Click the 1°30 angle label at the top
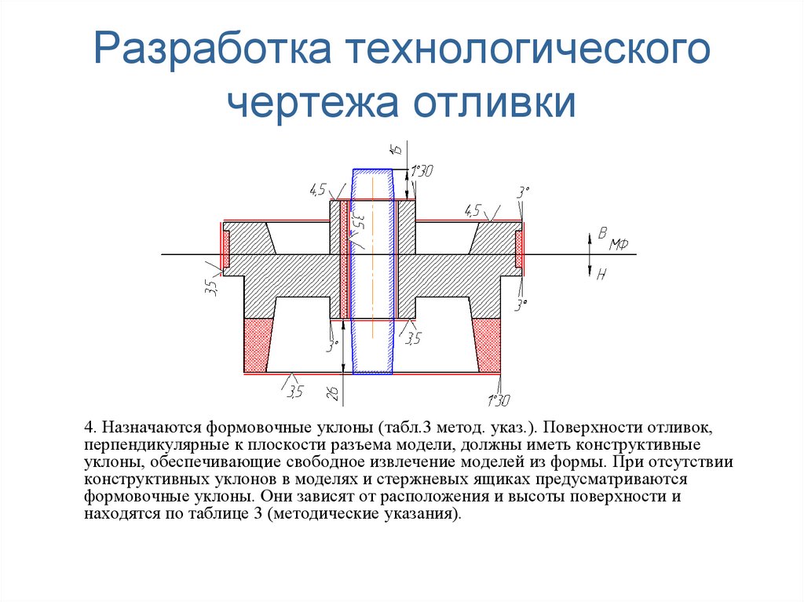(422, 171)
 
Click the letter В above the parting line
(602, 233)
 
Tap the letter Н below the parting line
(602, 274)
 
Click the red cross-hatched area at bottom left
(257, 345)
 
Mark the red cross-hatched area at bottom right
(488, 345)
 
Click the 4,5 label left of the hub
(318, 190)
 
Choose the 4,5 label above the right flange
(473, 210)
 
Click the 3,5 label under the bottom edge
(294, 390)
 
